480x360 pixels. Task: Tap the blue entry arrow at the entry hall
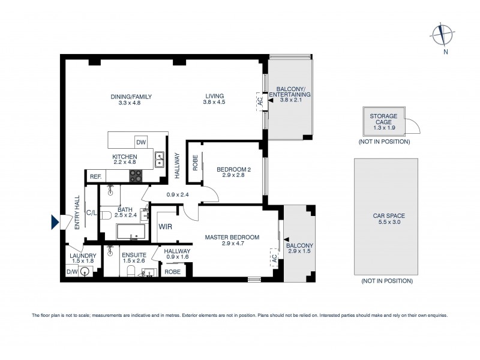pos(56,222)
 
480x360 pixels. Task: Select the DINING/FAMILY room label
pos(131,100)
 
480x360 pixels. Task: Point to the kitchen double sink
pos(160,159)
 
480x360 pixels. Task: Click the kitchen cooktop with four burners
pos(136,176)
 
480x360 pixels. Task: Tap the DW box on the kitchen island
pos(141,142)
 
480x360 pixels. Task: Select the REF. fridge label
pos(95,177)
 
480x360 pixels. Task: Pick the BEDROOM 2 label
pos(233,173)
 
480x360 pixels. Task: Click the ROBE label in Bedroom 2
pos(195,162)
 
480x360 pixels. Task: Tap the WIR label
pos(166,227)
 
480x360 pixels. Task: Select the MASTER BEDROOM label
pos(232,241)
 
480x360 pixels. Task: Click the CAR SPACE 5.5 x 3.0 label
pos(386,219)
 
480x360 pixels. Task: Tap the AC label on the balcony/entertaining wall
pos(260,102)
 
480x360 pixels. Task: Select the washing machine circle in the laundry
pos(85,272)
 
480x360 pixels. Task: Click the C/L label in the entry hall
pos(92,212)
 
